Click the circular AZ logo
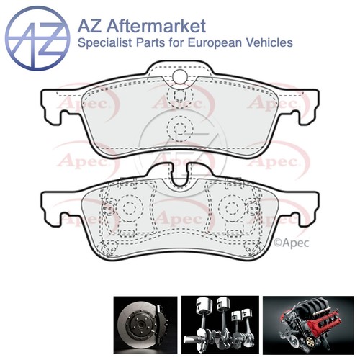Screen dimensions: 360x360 click(37, 38)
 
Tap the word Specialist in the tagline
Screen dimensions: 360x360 click(105, 43)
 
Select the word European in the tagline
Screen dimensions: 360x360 click(214, 43)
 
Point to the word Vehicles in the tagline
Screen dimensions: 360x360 click(269, 42)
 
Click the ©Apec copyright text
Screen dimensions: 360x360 click(292, 243)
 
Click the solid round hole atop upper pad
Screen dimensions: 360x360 click(180, 76)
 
